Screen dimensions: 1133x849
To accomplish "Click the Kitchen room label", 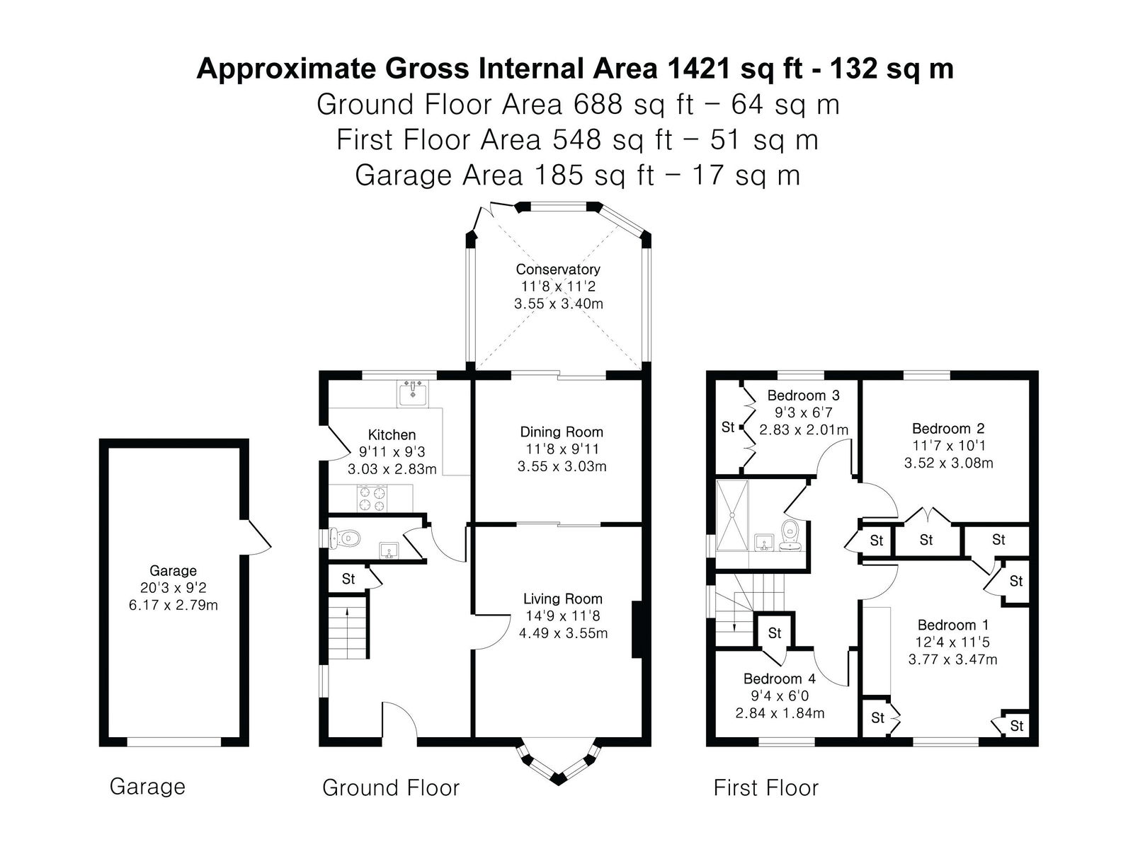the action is [392, 434].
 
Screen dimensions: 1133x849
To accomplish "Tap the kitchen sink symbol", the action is [412, 393].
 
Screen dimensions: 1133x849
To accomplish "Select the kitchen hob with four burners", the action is [372, 498].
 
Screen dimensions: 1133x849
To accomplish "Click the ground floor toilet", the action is [343, 538].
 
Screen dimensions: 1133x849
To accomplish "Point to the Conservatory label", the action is [557, 269].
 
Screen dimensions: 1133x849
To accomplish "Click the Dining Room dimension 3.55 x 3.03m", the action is [562, 466].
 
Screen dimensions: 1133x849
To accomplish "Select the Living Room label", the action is [563, 599].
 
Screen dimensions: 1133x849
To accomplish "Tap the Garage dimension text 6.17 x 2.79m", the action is [173, 605].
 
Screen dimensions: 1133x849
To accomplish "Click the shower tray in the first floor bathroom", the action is [731, 515].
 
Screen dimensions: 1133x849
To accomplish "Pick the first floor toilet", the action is [790, 535].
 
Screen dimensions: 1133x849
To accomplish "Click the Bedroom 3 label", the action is [803, 395].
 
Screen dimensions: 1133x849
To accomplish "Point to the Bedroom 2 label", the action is [948, 428].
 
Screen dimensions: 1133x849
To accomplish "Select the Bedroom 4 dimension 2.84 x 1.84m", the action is [780, 713].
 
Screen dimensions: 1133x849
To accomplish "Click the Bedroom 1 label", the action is [953, 625].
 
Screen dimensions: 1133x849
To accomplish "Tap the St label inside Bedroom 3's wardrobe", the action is [728, 427].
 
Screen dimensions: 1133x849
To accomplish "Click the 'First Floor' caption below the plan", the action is [765, 787].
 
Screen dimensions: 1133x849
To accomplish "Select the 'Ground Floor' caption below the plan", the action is [391, 787].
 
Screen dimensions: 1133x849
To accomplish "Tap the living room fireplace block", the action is [637, 630].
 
